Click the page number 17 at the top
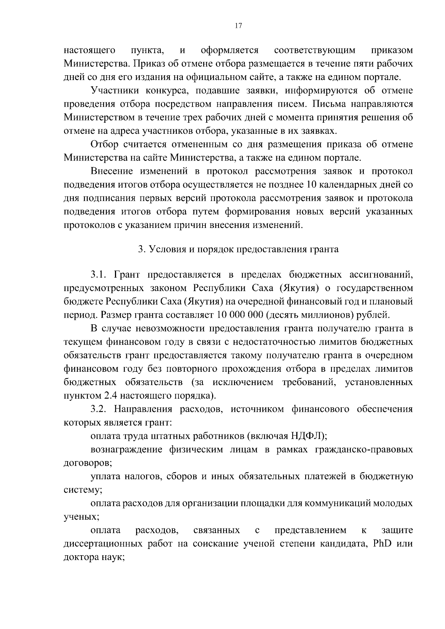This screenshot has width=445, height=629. click(x=238, y=25)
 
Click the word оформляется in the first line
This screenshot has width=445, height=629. click(x=230, y=50)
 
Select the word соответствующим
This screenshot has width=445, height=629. click(x=315, y=50)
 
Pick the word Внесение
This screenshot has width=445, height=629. click(x=112, y=171)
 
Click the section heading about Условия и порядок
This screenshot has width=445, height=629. click(x=238, y=249)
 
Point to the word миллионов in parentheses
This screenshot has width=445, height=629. click(x=330, y=315)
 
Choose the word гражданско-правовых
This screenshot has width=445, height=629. click(x=364, y=450)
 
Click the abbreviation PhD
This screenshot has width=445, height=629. click(x=378, y=544)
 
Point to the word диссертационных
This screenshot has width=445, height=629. click(x=103, y=544)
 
